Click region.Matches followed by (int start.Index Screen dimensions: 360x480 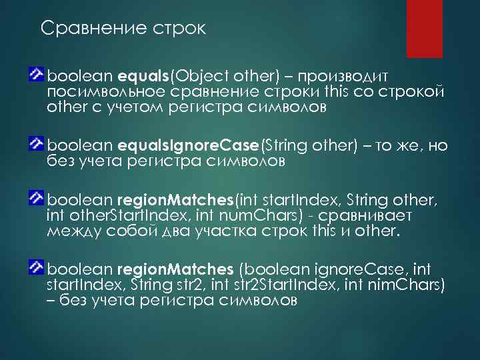pyautogui.click(x=174, y=199)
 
